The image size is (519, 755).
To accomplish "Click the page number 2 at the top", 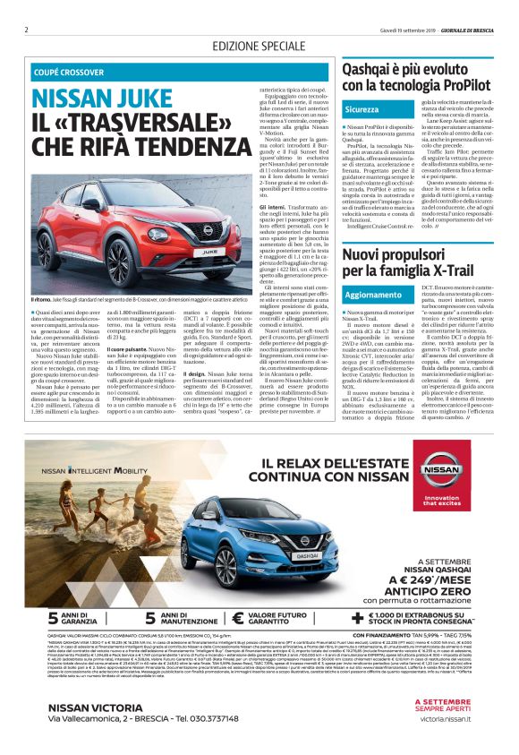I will (27, 30).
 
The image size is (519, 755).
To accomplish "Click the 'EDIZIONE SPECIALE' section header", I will (259, 46).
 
